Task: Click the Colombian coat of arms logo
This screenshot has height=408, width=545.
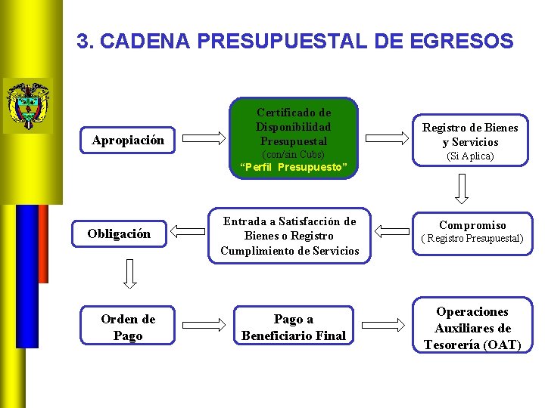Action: coord(28,105)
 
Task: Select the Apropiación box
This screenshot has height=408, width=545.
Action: coord(128,140)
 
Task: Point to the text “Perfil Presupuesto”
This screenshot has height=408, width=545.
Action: coord(294,167)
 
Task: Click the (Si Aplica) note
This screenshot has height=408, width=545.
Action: coord(471,156)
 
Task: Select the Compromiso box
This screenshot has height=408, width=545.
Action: coord(472,231)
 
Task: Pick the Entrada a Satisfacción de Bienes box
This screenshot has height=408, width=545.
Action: coord(290,236)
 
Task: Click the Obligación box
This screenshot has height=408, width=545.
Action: coord(119,233)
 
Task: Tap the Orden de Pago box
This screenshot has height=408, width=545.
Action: coord(127,327)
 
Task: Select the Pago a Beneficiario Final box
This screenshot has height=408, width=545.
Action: coord(293,327)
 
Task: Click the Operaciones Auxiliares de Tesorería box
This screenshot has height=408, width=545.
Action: coord(472,328)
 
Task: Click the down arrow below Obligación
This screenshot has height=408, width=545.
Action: coord(129,275)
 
